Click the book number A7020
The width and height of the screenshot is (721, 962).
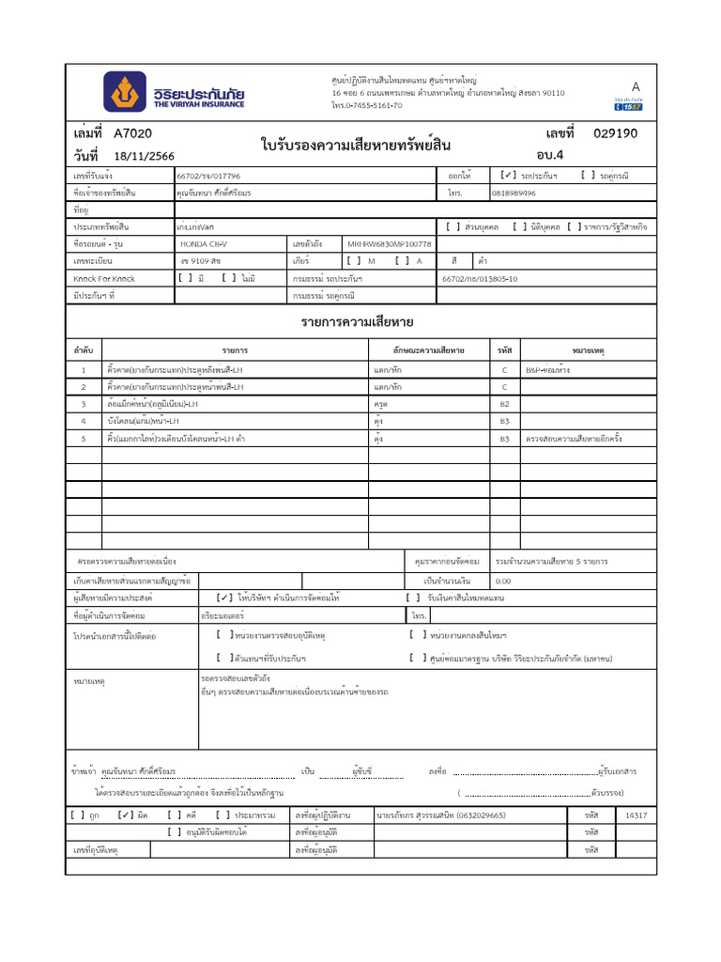click(x=132, y=133)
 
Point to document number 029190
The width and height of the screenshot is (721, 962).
click(x=615, y=133)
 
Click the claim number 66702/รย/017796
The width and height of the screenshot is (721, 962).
click(x=208, y=176)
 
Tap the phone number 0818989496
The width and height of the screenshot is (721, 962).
click(x=514, y=193)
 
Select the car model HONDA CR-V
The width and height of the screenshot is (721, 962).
click(x=204, y=244)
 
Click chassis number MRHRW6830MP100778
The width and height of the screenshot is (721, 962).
click(x=390, y=244)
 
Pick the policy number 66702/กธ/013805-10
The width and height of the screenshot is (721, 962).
click(x=479, y=279)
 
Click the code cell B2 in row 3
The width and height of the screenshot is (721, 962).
click(x=504, y=404)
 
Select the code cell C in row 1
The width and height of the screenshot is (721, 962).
click(x=504, y=370)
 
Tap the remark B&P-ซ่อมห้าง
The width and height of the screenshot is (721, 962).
click(x=547, y=370)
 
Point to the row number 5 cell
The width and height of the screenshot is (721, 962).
click(x=84, y=438)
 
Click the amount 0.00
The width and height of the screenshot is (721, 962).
click(x=503, y=581)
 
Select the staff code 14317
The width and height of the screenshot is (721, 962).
click(x=636, y=815)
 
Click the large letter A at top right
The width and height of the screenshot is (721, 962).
click(x=636, y=86)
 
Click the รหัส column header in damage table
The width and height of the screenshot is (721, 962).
click(x=504, y=350)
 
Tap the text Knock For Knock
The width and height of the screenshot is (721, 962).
click(x=104, y=279)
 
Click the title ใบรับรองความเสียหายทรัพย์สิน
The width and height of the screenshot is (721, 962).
click(x=357, y=145)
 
